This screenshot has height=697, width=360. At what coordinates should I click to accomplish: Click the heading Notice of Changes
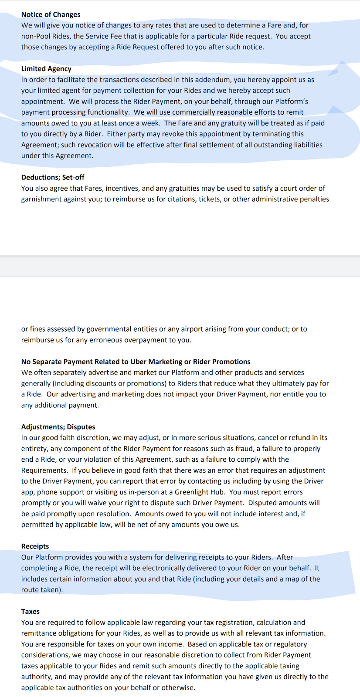51,14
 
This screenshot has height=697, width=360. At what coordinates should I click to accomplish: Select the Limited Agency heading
46,69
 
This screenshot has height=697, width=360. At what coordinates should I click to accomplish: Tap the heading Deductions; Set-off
53,177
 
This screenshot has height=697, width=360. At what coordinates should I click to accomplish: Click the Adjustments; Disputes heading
58,427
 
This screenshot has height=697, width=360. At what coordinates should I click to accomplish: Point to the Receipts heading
35,546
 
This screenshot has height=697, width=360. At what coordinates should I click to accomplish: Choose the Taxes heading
31,612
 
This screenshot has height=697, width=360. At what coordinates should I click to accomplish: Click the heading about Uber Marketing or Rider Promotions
136,362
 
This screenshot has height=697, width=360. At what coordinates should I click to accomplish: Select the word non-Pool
36,36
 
